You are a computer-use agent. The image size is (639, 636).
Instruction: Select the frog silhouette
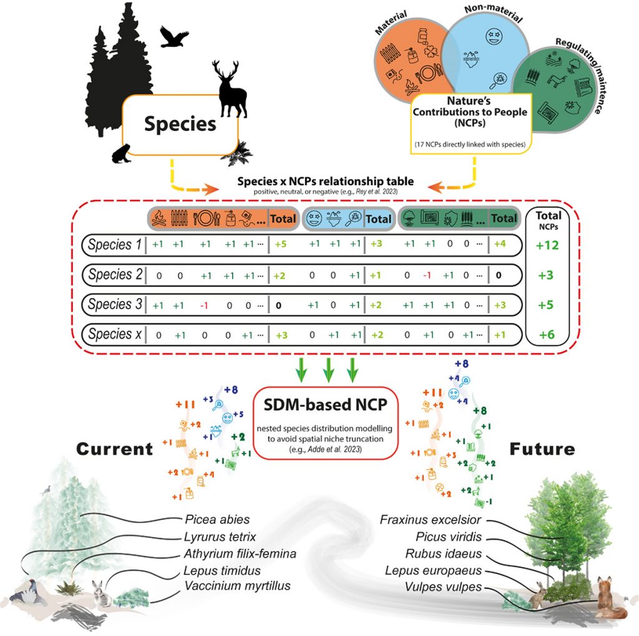coord(121,152)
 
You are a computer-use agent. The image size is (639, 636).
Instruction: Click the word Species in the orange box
coord(180,124)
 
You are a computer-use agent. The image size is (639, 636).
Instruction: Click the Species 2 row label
coord(114,275)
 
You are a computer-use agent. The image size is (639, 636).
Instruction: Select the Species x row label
coord(114,334)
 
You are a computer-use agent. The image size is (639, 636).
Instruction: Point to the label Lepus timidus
coord(213,570)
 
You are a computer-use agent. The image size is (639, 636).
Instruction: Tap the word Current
coord(115,448)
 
